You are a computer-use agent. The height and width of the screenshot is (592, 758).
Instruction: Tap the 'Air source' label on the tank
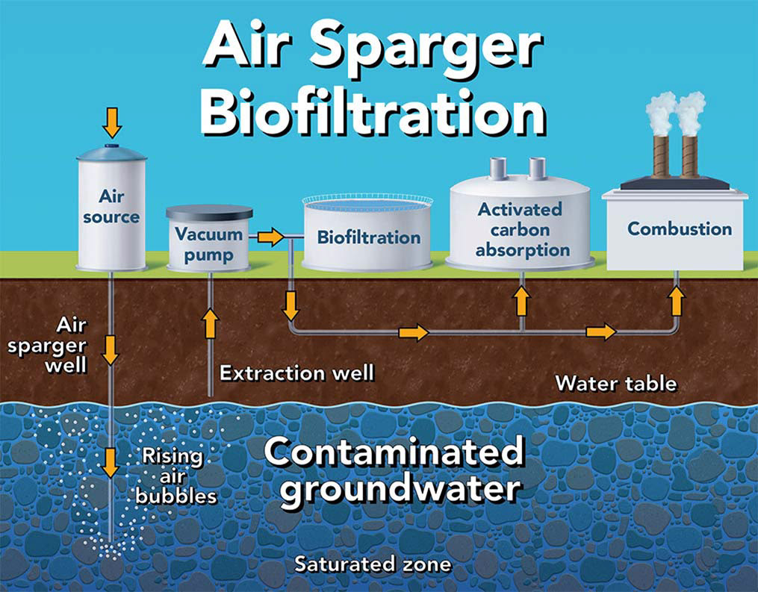pos(111,207)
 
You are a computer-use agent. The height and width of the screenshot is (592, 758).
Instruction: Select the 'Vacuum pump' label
pos(209,244)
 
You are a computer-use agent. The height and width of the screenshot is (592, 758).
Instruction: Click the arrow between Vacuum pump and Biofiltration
pos(270,237)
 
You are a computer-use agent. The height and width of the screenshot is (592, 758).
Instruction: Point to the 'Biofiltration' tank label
pos(369,238)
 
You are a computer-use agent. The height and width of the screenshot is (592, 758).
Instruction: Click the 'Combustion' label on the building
pos(680,228)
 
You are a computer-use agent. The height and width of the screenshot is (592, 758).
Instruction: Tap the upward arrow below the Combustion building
pos(677,300)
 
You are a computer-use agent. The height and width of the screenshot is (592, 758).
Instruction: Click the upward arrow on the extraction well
pos(210,323)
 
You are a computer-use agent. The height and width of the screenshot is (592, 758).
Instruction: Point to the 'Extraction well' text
pos(296,372)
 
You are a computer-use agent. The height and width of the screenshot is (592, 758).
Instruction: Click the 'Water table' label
pos(616,384)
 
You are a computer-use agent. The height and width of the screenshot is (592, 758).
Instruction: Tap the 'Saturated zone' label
pos(373,564)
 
